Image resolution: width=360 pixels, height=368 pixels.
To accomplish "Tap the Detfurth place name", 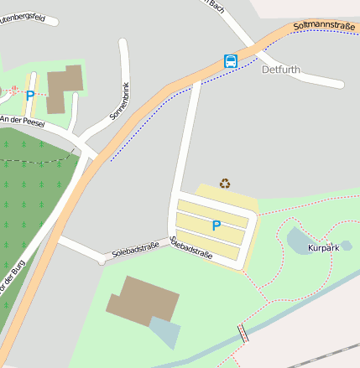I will coord(280,70).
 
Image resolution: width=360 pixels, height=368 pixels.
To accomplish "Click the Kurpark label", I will coord(323,249).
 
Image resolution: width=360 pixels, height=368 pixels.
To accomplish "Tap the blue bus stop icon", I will coord(230,61).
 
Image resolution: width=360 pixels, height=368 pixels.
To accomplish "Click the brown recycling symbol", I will coord(225,183).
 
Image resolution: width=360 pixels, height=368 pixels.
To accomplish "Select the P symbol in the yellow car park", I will coord(216,225).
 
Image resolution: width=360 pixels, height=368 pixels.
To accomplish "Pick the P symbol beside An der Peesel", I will coord(30,96).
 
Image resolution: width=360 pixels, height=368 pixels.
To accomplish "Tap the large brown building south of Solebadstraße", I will coord(143,301).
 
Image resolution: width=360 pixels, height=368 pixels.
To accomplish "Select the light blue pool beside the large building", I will coord(165,332).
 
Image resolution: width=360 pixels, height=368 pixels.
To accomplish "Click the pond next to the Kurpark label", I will coord(298,241).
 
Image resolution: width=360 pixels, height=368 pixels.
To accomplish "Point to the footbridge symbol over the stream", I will coord(243,334).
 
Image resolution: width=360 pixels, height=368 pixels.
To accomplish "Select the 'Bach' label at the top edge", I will coord(217,5).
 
